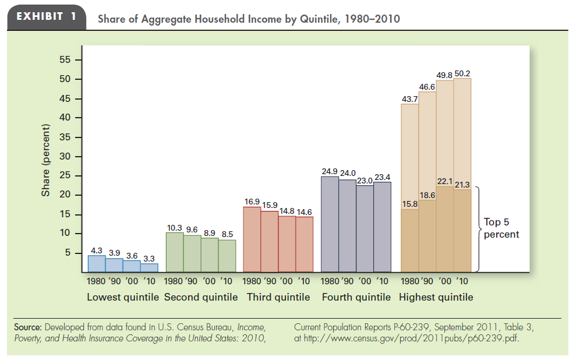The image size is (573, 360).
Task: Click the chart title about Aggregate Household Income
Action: pos(249,19)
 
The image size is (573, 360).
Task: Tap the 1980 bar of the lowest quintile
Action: pos(97,264)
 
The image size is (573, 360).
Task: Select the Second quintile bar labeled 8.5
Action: pos(227,256)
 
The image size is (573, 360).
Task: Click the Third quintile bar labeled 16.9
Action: pos(252,239)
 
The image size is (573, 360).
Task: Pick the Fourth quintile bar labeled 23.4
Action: pos(382,227)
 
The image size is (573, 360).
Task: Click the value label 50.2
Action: pos(462,73)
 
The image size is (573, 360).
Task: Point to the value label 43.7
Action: pos(410,100)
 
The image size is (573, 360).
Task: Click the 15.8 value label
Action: pos(410,203)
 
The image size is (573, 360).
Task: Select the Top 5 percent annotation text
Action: pos(501,228)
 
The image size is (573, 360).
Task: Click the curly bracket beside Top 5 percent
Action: pos(478,228)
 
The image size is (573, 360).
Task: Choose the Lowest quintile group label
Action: pos(122,297)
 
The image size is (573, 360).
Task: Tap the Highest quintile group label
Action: pos(436,297)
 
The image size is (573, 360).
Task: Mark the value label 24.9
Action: pos(330,171)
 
